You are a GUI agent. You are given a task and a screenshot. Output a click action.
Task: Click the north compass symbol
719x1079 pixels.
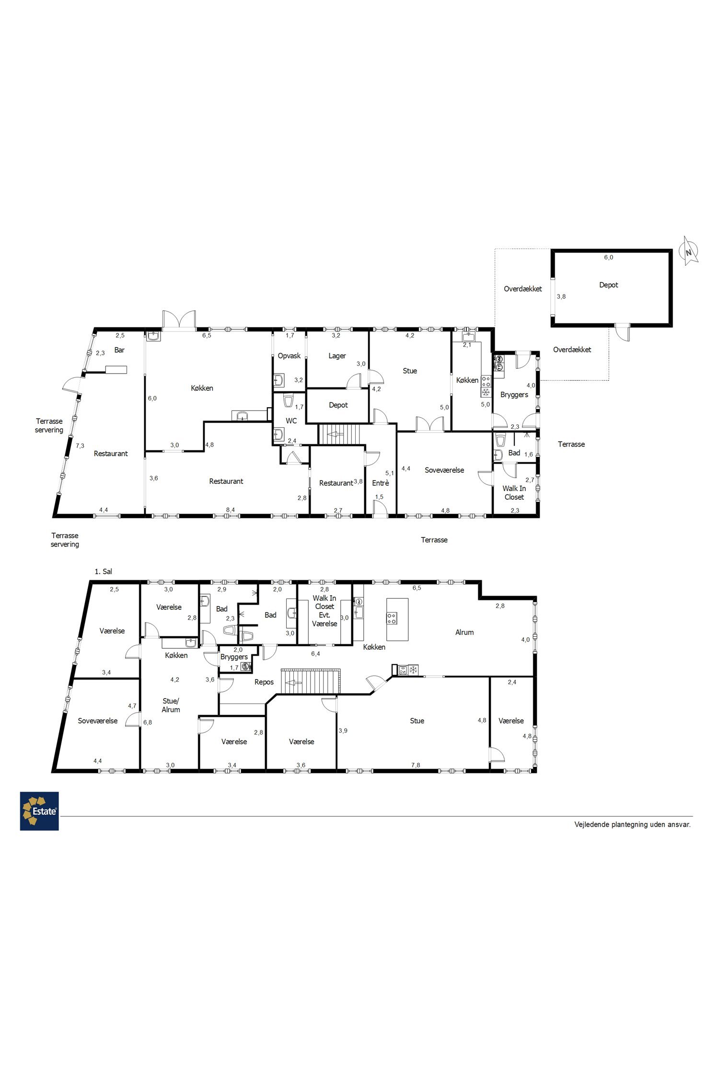(x=690, y=250)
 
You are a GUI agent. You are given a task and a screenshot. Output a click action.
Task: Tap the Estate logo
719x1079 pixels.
(x=39, y=811)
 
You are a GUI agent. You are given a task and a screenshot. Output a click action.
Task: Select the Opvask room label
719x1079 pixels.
(x=289, y=356)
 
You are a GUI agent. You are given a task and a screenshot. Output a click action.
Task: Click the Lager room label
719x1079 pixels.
(x=337, y=356)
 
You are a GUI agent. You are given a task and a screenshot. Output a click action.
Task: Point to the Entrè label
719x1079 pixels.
(x=381, y=483)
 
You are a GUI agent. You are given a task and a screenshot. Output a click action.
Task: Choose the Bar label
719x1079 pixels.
(x=119, y=350)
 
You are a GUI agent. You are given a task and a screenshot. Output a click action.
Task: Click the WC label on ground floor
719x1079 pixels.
(x=291, y=421)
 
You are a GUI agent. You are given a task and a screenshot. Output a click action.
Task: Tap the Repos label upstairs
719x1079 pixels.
(x=264, y=682)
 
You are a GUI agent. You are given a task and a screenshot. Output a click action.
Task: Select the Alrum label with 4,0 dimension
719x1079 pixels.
(x=464, y=633)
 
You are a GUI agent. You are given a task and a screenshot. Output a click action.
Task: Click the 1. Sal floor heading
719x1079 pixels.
(x=104, y=572)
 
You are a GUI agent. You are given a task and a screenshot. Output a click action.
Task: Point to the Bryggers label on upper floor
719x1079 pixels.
(x=234, y=657)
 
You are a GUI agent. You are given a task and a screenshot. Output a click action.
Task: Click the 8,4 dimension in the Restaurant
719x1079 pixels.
(x=230, y=510)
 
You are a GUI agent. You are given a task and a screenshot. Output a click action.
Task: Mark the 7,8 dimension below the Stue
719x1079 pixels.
(x=416, y=765)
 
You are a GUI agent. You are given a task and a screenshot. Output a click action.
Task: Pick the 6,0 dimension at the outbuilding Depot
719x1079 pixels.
(x=608, y=257)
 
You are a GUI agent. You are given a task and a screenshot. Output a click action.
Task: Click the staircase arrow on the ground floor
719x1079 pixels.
(x=333, y=434)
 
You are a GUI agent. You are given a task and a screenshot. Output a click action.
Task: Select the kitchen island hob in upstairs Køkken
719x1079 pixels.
(x=392, y=619)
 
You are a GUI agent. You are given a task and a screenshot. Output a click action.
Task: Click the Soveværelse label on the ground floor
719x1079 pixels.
(x=444, y=470)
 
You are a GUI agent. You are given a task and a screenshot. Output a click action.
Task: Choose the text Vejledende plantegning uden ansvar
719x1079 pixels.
(x=633, y=824)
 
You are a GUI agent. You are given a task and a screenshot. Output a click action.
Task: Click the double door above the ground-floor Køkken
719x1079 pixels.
(x=179, y=320)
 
